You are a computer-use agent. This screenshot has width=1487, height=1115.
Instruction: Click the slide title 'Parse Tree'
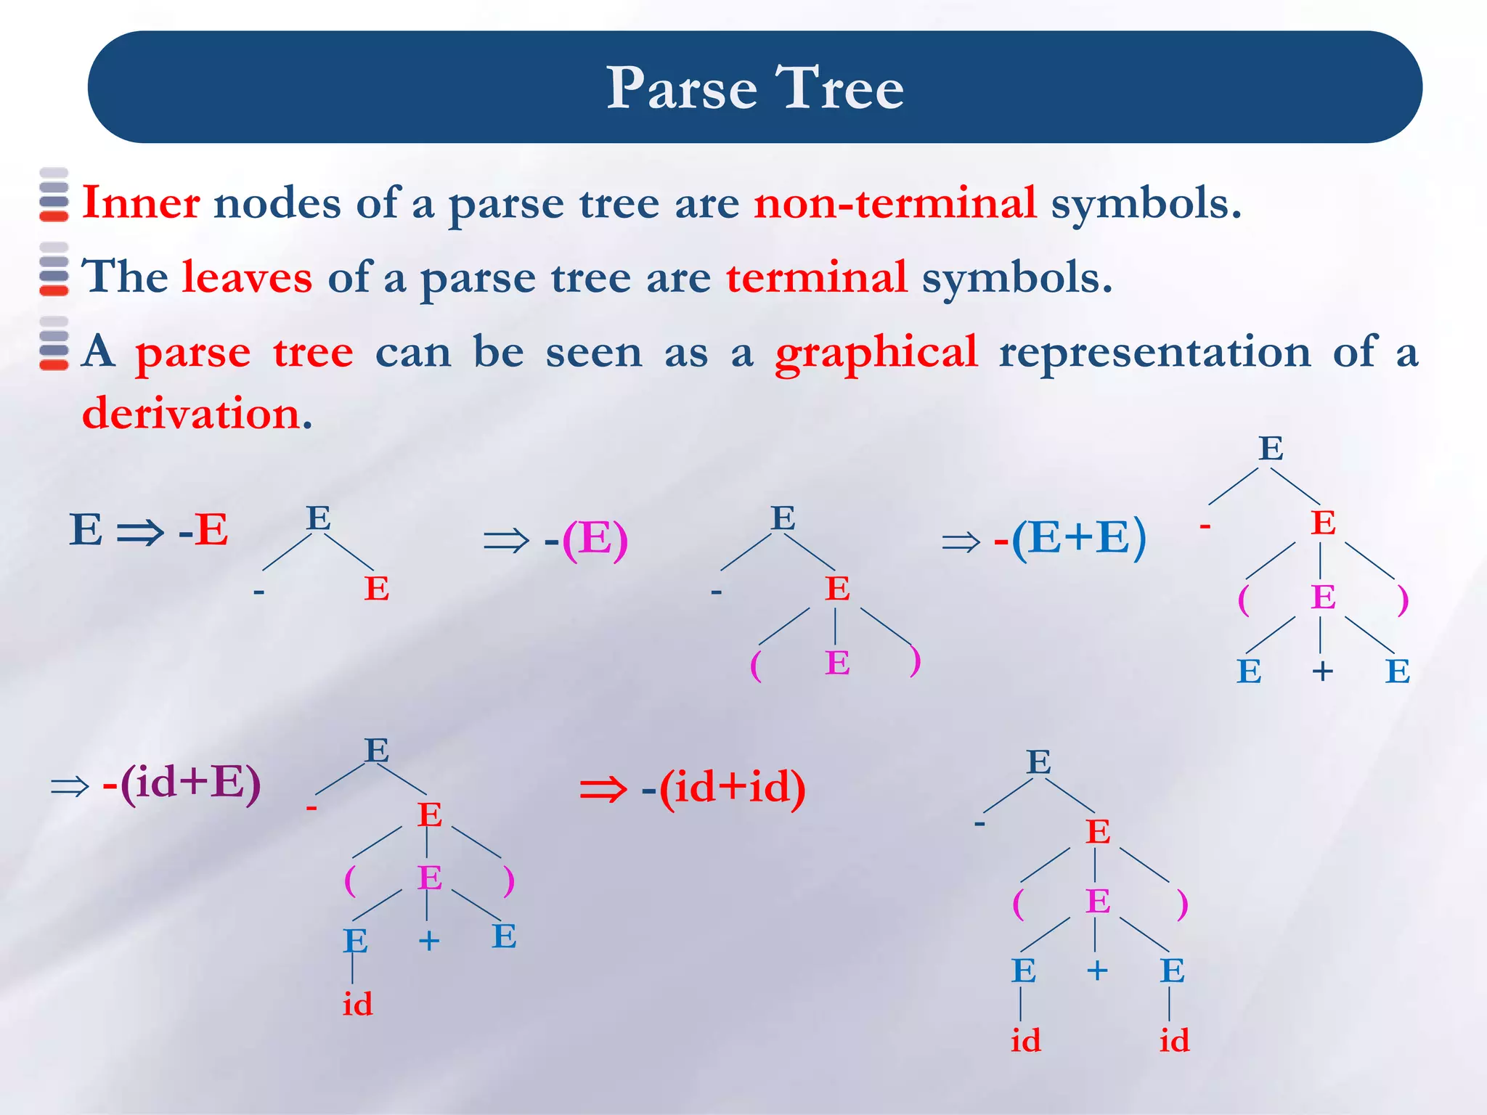[x=754, y=88]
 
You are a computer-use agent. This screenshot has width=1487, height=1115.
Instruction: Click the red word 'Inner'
[x=141, y=203]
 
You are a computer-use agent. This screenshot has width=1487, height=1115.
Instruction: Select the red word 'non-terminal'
[x=895, y=203]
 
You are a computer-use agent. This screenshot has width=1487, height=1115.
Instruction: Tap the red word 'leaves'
[x=247, y=277]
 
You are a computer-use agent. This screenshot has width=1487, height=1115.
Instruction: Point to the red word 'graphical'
[x=876, y=353]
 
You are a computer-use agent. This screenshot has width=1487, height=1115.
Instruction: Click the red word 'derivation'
[x=192, y=414]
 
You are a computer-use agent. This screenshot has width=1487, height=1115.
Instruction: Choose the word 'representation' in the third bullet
[x=1154, y=353]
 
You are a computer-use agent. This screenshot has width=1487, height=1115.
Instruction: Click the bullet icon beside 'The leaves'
[x=54, y=269]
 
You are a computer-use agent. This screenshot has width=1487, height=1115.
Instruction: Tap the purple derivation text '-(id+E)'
[x=182, y=783]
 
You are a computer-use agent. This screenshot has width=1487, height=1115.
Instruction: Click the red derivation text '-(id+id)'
[x=723, y=788]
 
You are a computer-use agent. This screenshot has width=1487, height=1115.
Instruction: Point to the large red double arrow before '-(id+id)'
[x=603, y=789]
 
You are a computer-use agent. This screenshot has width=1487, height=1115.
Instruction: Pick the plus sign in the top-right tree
[x=1322, y=671]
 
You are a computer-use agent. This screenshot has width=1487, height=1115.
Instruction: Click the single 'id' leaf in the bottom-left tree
[x=357, y=1005]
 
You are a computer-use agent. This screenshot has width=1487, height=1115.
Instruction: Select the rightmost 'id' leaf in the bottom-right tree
[x=1174, y=1041]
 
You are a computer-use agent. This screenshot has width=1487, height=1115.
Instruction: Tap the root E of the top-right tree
[x=1271, y=449]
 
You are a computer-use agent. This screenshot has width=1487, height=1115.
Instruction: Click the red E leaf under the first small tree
[x=376, y=589]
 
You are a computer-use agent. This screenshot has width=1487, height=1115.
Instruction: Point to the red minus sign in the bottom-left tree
[x=311, y=806]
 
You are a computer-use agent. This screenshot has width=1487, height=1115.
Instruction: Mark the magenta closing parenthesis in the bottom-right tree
[x=1183, y=904]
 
